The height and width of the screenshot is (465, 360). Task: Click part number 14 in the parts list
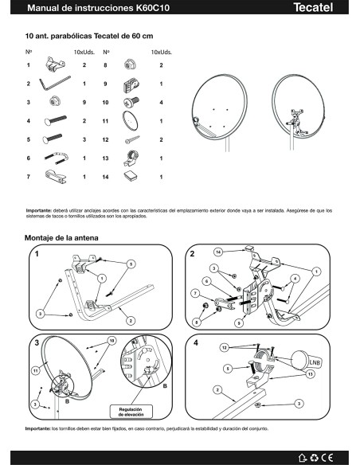tap(106, 176)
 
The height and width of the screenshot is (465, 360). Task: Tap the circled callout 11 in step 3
tap(35, 370)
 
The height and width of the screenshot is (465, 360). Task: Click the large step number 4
tap(196, 342)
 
